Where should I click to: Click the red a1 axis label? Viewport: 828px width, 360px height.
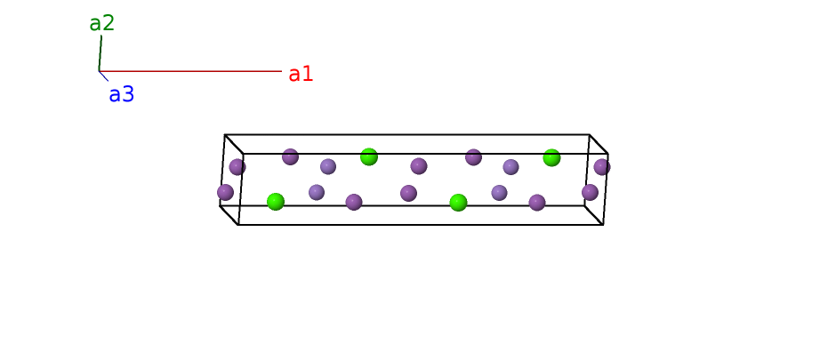coord(301,74)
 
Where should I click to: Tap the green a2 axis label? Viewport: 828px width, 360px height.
coord(102,23)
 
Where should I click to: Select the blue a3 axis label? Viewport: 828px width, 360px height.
coord(121,94)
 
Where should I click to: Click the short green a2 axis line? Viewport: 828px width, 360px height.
coord(100,53)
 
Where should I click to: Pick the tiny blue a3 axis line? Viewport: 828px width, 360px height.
coord(104,76)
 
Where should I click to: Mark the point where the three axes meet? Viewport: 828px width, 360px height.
coord(99,71)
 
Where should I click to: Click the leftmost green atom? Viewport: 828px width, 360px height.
coord(276,202)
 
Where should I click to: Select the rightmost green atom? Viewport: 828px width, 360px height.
coord(551,157)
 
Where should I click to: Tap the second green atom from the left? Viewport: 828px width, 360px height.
coord(369,156)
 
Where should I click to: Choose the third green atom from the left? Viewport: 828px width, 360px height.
coord(458,203)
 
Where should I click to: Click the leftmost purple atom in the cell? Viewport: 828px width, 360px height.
coord(226,192)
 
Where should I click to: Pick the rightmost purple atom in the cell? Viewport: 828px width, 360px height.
coord(602,166)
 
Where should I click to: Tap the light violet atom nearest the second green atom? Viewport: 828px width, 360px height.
coord(328,166)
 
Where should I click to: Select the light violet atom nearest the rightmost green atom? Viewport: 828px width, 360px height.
coord(510,166)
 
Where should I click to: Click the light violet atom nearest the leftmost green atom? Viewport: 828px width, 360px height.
coord(317,192)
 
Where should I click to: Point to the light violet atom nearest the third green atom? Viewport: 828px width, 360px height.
coord(499,192)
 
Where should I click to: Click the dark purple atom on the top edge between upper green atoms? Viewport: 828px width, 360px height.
coord(473,157)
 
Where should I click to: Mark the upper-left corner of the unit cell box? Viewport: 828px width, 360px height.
coord(225,135)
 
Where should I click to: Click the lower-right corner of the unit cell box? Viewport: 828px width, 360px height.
coord(603,224)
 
